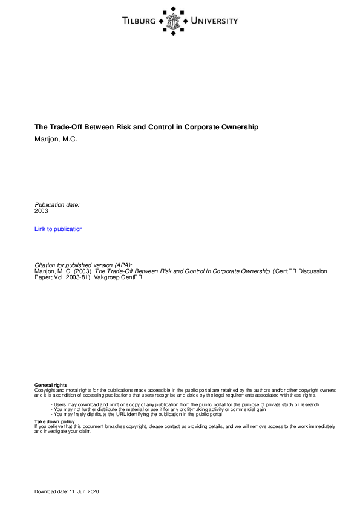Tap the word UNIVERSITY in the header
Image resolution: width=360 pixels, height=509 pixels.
coord(214,21)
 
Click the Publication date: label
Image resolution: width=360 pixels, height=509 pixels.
coord(57,205)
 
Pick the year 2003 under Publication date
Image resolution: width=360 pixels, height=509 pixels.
coord(41,211)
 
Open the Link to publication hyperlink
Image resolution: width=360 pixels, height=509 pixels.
coord(59,229)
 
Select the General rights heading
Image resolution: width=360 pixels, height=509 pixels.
coord(51,385)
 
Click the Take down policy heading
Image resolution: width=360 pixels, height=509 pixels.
coord(54,421)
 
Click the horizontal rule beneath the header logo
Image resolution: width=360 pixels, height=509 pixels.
coord(180,50)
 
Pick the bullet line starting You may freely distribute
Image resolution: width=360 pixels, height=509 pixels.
coord(137,414)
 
